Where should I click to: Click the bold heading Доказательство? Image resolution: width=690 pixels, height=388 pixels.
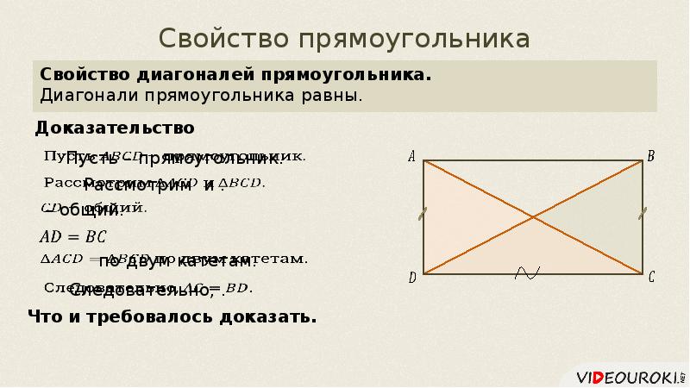115,128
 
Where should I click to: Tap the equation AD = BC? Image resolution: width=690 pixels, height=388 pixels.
73,235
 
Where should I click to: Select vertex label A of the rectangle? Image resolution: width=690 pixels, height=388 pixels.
411,157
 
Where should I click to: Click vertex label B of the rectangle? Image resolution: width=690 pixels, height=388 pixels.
651,156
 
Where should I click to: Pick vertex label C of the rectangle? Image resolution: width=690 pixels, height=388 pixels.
651,277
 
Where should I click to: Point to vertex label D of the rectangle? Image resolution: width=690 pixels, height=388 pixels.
412,278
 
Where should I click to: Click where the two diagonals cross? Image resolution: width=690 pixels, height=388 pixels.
534,216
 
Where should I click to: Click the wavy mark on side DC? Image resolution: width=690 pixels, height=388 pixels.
526,272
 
